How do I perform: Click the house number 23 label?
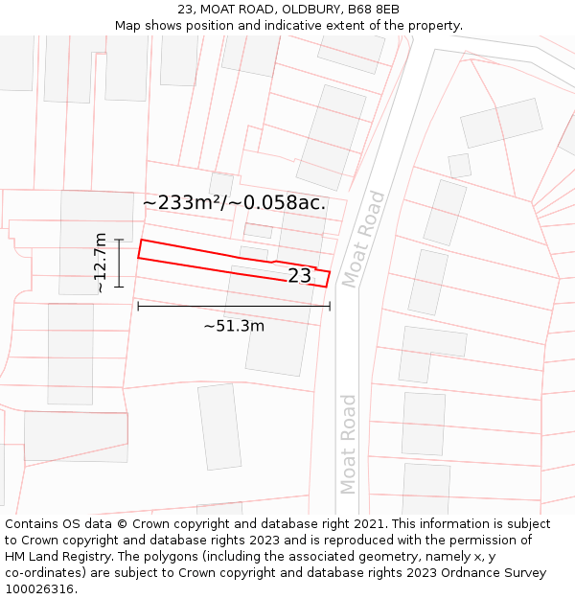coord(300,276)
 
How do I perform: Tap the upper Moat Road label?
coord(363,240)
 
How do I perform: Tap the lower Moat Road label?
coord(348,444)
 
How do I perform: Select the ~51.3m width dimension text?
coord(234,326)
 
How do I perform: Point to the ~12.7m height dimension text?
coord(101,263)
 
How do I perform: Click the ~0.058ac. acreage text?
coord(285,203)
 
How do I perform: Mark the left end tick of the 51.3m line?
coord(138,306)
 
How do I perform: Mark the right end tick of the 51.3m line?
coord(330,306)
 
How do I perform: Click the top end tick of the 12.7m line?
coord(119,240)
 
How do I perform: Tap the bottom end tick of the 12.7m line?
coord(119,286)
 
